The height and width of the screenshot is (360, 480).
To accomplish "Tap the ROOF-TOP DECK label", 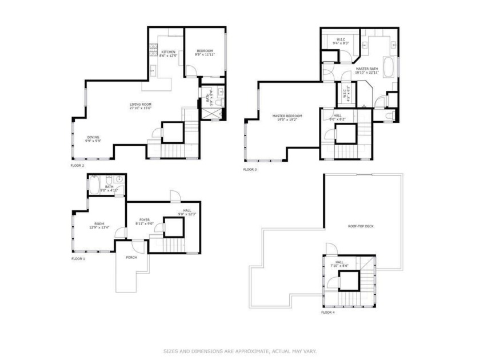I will point(361,226).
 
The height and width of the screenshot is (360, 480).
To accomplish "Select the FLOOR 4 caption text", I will point(328,313).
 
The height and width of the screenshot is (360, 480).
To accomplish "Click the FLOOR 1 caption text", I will point(78,259).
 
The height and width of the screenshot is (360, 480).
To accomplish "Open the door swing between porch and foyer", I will point(137,247).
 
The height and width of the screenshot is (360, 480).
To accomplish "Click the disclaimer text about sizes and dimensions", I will point(240,351).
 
